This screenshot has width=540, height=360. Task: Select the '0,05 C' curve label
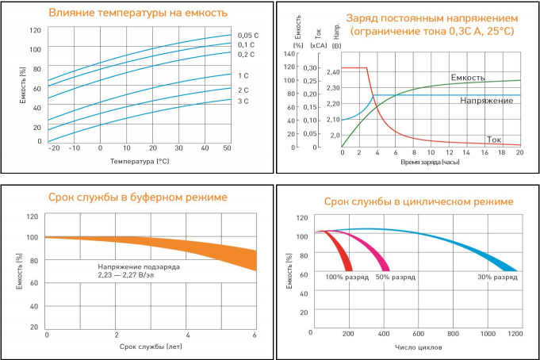[248, 35]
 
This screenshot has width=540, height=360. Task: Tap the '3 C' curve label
[243, 101]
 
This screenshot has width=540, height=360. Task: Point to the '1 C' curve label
[243, 75]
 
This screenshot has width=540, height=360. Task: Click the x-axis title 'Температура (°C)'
[140, 161]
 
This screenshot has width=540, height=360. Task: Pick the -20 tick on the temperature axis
[54, 148]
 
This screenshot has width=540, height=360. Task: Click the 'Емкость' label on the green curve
[467, 77]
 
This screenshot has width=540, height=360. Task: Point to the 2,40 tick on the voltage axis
[332, 73]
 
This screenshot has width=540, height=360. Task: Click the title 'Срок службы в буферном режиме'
[138, 197]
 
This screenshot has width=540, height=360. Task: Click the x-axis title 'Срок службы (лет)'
[151, 347]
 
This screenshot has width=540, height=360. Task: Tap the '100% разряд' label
[345, 278]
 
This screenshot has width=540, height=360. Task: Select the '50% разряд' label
[395, 278]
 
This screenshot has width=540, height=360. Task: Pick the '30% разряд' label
[497, 278]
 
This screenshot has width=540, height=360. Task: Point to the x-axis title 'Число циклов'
[417, 347]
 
